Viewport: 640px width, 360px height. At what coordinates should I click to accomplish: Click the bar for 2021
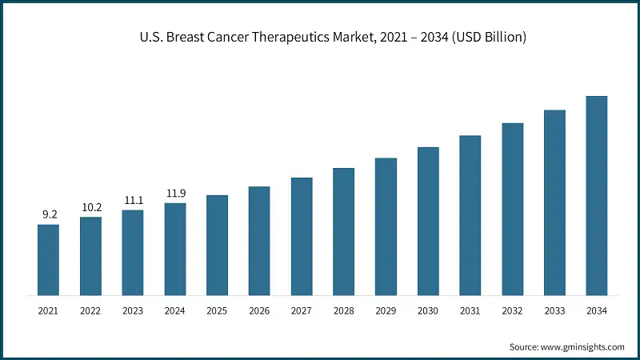pyautogui.click(x=48, y=260)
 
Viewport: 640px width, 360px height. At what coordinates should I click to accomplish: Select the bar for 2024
pyautogui.click(x=175, y=250)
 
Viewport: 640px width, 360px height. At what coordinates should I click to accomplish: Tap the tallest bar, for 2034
pyautogui.click(x=597, y=196)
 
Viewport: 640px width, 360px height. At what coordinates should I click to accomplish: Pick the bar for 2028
pyautogui.click(x=343, y=232)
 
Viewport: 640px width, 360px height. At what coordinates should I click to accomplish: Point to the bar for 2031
pyautogui.click(x=470, y=216)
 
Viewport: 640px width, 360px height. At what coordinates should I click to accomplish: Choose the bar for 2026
pyautogui.click(x=259, y=241)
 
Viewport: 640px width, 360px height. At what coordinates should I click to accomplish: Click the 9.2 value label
pyautogui.click(x=48, y=214)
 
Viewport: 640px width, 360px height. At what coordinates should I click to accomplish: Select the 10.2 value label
pyautogui.click(x=90, y=206)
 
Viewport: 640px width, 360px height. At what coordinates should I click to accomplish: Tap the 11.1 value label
pyautogui.click(x=133, y=200)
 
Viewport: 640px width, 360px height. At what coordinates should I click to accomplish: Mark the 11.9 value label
pyautogui.click(x=175, y=193)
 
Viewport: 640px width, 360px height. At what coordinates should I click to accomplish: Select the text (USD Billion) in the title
pyautogui.click(x=486, y=38)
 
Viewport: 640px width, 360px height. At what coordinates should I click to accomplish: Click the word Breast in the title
pyautogui.click(x=178, y=38)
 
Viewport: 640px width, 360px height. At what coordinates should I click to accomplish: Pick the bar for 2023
pyautogui.click(x=133, y=253)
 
